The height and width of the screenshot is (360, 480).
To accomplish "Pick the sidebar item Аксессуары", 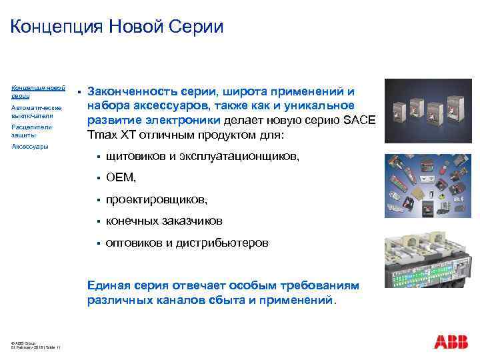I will [30, 146].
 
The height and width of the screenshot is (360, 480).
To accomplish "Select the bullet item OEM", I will [121, 177].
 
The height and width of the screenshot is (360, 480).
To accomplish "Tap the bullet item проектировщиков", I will [157, 199].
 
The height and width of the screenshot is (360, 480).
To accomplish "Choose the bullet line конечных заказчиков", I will [164, 221].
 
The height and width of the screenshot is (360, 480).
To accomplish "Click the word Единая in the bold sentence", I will [109, 285].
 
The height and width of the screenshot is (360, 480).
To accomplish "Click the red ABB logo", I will [451, 343].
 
